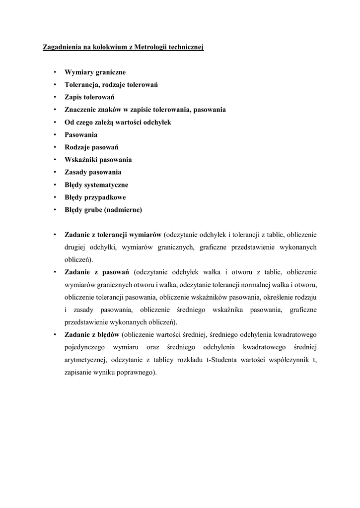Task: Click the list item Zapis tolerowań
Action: (89, 97)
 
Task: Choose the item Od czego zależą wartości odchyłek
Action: (117, 122)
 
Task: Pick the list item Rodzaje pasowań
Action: (91, 147)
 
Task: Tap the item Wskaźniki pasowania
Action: (98, 160)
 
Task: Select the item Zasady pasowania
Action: (93, 172)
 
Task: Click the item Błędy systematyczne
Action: (96, 185)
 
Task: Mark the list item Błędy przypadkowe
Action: (95, 197)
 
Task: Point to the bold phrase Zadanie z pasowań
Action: (97, 272)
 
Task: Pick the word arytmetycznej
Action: (86, 360)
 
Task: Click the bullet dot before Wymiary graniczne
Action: (55, 72)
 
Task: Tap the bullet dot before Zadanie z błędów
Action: (55, 335)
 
